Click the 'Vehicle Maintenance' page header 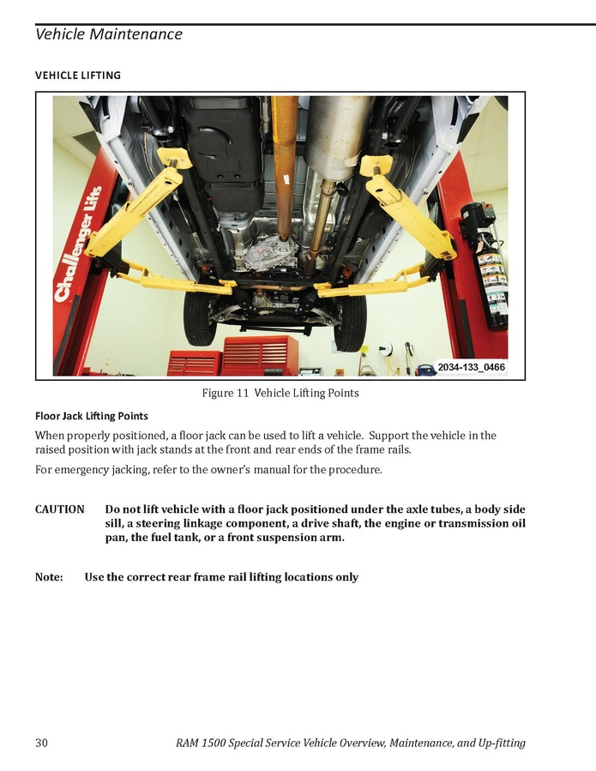pyautogui.click(x=109, y=34)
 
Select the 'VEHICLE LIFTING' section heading pyautogui.click(x=78, y=75)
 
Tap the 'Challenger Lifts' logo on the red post pyautogui.click(x=79, y=244)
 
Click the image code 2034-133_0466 pyautogui.click(x=471, y=367)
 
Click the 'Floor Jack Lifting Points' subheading pyautogui.click(x=92, y=416)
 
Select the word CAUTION pyautogui.click(x=59, y=509)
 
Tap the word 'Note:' pyautogui.click(x=49, y=577)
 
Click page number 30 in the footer pyautogui.click(x=41, y=743)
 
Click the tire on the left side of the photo pyautogui.click(x=200, y=317)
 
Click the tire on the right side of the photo pyautogui.click(x=350, y=323)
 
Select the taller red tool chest pyautogui.click(x=261, y=355)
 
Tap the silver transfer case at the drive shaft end pyautogui.click(x=267, y=254)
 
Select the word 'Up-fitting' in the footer pyautogui.click(x=502, y=743)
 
